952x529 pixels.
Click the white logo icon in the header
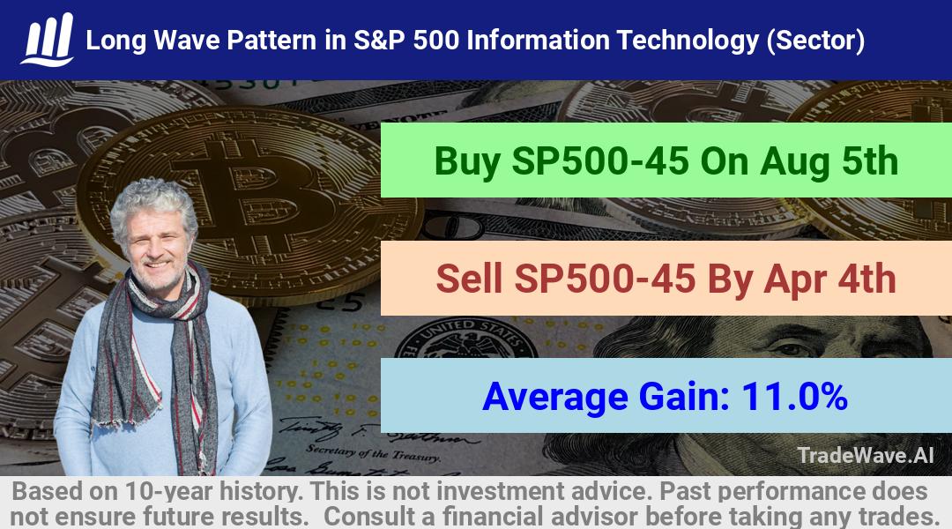tap(48, 40)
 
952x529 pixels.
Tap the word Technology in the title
tap(688, 41)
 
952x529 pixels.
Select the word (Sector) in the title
tap(815, 41)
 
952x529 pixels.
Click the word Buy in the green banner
tap(467, 161)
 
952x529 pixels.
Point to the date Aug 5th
tap(829, 161)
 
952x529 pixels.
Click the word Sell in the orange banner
tap(469, 279)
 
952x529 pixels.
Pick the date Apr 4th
tap(829, 279)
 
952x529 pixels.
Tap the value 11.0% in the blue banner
tap(794, 397)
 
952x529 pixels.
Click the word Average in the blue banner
tap(555, 398)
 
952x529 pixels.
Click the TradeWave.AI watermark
tap(866, 456)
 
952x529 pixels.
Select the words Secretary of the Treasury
tap(373, 453)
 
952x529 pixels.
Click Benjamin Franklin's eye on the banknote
tap(789, 349)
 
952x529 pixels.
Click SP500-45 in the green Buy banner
tap(600, 161)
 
